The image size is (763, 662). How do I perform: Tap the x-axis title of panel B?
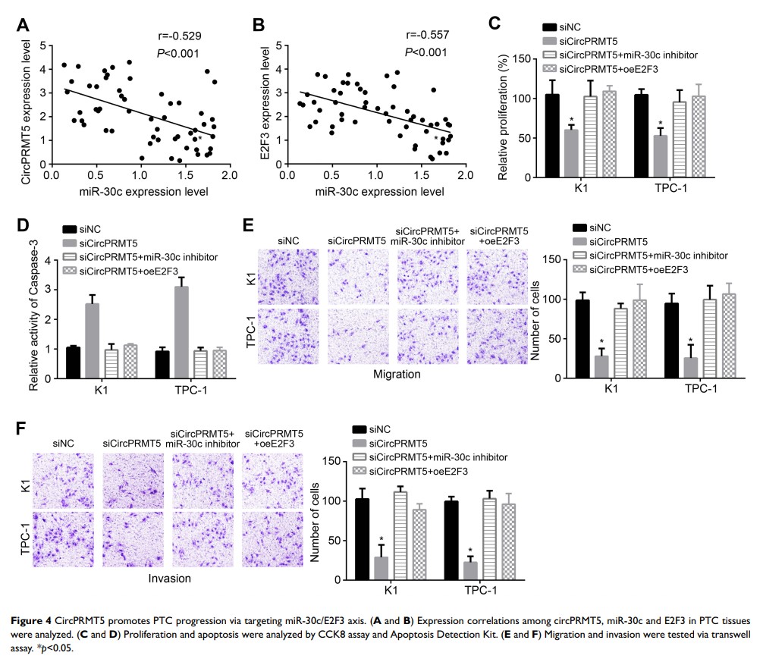[375, 193]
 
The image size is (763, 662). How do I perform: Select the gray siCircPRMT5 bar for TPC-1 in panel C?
[661, 151]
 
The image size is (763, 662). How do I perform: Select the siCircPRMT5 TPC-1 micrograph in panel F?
[132, 539]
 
